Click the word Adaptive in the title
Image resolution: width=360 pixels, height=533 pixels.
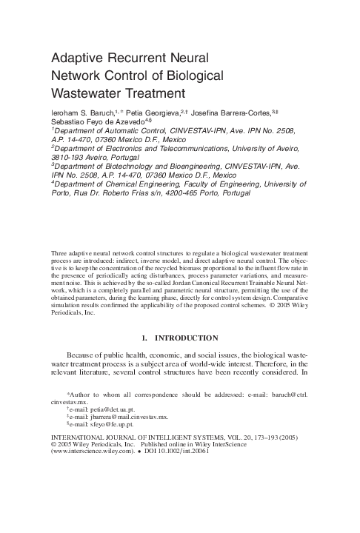pos(79,58)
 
